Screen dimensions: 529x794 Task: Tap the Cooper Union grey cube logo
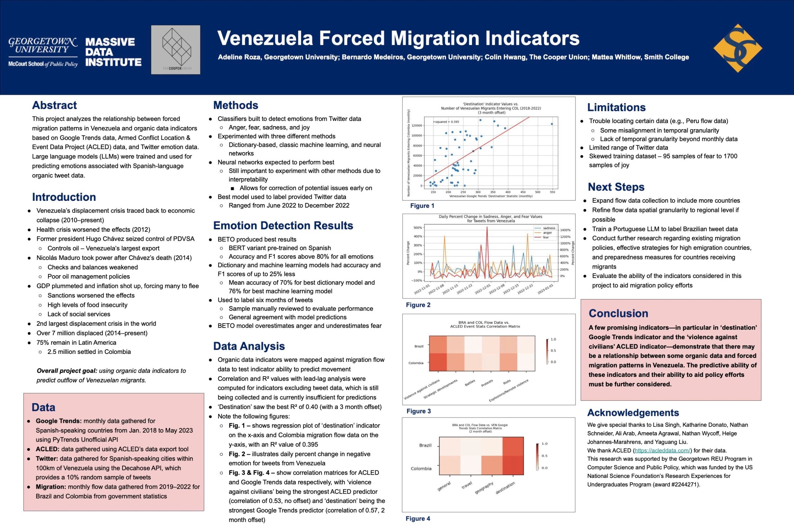[x=176, y=50]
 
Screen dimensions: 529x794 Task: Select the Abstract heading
[x=54, y=105]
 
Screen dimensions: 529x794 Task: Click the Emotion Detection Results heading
[x=283, y=225]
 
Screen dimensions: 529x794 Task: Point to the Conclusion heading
[x=618, y=313]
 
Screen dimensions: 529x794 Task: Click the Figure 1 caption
[x=422, y=206]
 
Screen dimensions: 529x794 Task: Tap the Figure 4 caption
[x=418, y=518]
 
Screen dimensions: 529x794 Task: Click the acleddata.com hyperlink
[x=663, y=450]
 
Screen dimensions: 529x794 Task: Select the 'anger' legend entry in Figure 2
[x=547, y=233]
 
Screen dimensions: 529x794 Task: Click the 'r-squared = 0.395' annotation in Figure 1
[x=446, y=122]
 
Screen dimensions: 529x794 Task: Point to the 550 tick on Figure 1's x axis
[x=552, y=192]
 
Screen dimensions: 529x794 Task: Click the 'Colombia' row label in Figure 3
[x=416, y=363]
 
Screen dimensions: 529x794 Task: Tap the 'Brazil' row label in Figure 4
[x=425, y=445]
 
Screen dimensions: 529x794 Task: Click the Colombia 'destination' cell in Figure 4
[x=513, y=465]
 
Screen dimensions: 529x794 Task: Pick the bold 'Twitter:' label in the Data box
[x=47, y=458]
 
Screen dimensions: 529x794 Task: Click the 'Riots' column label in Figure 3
[x=507, y=382]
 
